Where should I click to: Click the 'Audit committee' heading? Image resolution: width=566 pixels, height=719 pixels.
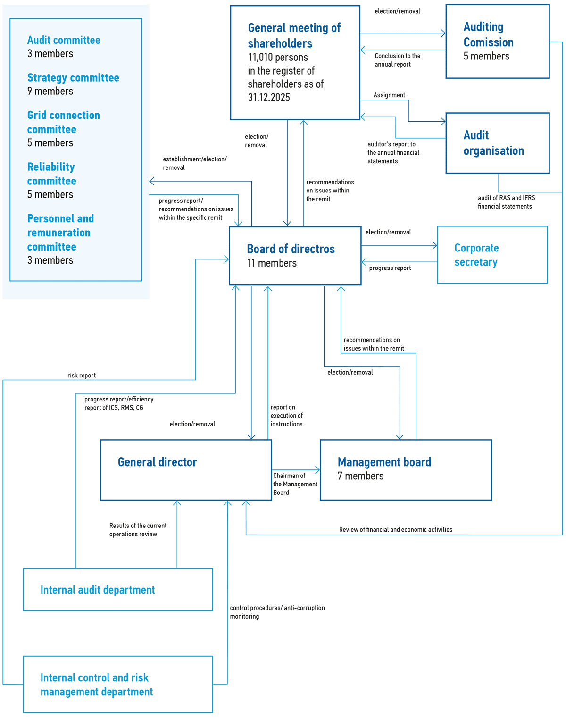pyautogui.click(x=64, y=40)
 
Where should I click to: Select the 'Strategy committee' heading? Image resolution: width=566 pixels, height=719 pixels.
pyautogui.click(x=73, y=77)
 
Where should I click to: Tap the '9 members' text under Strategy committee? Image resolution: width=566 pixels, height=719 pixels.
pyautogui.click(x=50, y=91)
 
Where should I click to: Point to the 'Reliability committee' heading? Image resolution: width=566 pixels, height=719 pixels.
pyautogui.click(x=52, y=174)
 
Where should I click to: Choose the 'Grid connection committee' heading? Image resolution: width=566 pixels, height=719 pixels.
pyautogui.click(x=64, y=122)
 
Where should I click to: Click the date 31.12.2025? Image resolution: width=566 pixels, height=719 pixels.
pyautogui.click(x=269, y=98)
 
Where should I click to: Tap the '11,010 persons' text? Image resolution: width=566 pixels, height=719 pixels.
pyautogui.click(x=278, y=57)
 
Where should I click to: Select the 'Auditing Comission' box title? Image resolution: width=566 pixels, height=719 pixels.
pyautogui.click(x=489, y=34)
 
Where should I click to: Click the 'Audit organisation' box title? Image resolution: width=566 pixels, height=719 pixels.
pyautogui.click(x=493, y=143)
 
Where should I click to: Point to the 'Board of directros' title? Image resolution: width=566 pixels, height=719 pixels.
pyautogui.click(x=291, y=249)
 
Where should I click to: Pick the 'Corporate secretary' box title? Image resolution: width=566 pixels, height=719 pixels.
pyautogui.click(x=476, y=255)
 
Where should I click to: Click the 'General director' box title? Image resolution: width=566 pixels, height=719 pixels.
pyautogui.click(x=158, y=462)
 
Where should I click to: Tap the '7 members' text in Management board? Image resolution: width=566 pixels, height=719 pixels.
pyautogui.click(x=361, y=476)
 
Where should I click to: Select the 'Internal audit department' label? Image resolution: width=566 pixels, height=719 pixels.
pyautogui.click(x=98, y=590)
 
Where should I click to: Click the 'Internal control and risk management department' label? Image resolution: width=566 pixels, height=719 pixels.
pyautogui.click(x=97, y=685)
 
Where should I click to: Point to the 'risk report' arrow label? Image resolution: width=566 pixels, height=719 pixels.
pyautogui.click(x=82, y=376)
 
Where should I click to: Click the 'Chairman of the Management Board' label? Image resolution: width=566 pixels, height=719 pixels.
pyautogui.click(x=295, y=484)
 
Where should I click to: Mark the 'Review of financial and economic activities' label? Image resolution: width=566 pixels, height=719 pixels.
pyautogui.click(x=396, y=529)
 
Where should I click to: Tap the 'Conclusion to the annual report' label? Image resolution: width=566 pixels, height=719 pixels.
pyautogui.click(x=398, y=60)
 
